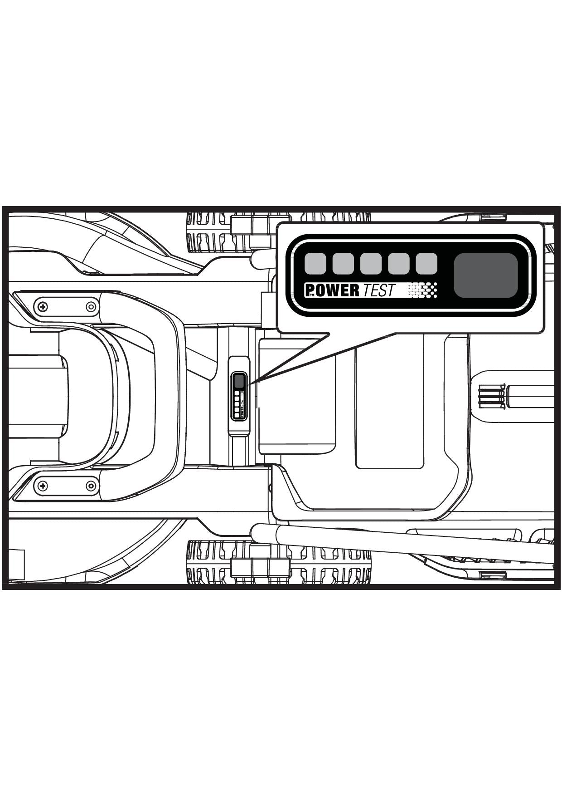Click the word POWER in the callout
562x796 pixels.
[x=332, y=290]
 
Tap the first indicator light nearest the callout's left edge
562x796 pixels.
[x=315, y=264]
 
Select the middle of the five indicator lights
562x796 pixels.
[x=371, y=264]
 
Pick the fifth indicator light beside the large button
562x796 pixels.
[x=426, y=264]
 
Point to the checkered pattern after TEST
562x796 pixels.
[x=423, y=290]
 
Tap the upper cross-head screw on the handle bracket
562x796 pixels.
[x=43, y=307]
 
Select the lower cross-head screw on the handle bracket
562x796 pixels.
[x=43, y=486]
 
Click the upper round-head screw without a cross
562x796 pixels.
[x=91, y=307]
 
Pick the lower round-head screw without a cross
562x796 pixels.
[x=91, y=486]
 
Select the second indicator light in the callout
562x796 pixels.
[x=343, y=264]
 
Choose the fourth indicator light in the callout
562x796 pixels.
[x=399, y=264]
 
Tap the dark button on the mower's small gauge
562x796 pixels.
[x=239, y=381]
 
